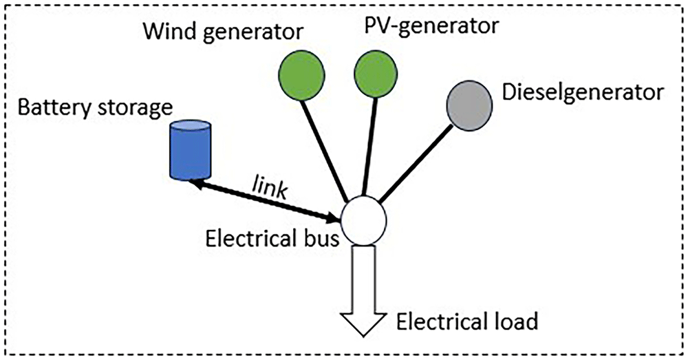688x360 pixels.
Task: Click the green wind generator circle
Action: [301, 75]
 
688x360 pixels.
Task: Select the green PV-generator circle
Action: [376, 74]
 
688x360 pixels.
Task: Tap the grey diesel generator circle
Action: [469, 105]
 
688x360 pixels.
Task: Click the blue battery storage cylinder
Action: [191, 149]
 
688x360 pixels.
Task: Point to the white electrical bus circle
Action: [364, 220]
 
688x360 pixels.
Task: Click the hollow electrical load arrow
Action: [364, 290]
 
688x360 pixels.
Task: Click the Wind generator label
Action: [224, 32]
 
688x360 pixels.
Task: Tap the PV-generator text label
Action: [432, 25]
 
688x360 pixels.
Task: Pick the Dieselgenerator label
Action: [582, 92]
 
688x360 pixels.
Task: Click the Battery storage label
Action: [95, 107]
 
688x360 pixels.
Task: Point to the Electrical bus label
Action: [272, 239]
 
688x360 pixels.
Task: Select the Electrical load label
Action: [467, 321]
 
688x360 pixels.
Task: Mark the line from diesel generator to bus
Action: [415, 165]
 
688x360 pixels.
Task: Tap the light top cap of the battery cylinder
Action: [191, 125]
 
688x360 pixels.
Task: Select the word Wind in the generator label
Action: [168, 31]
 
